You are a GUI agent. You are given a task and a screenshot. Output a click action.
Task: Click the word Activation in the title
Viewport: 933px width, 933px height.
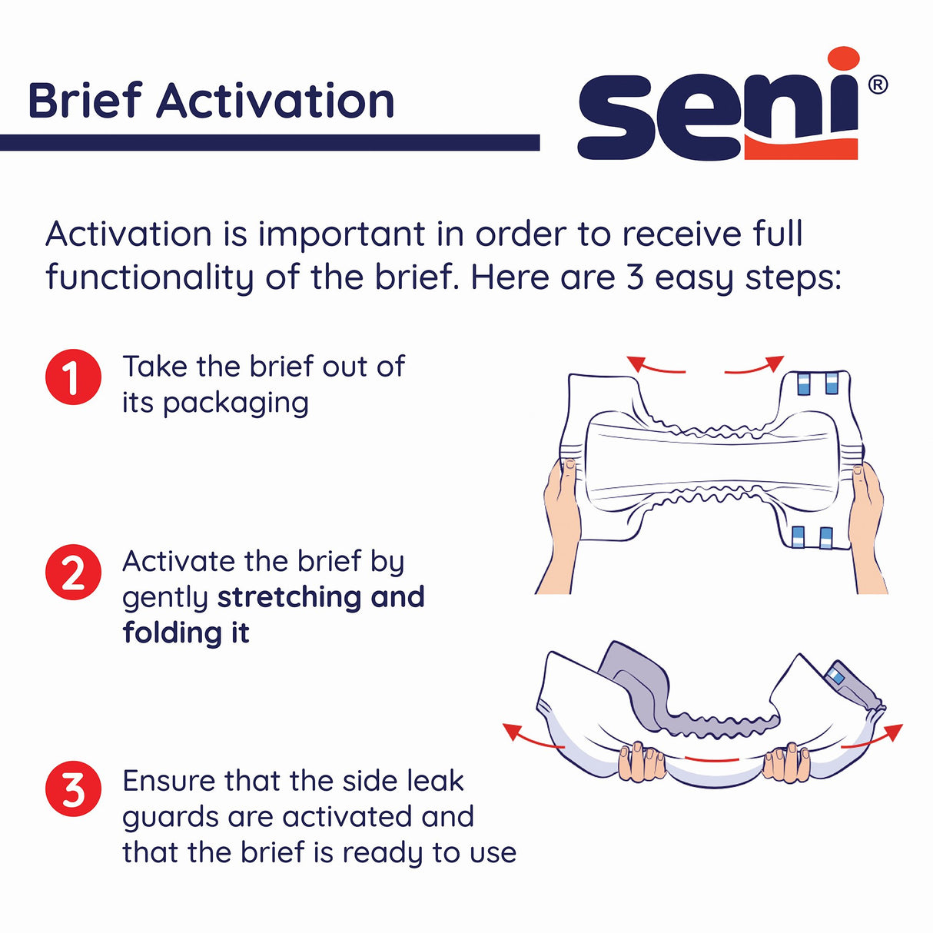point(275,101)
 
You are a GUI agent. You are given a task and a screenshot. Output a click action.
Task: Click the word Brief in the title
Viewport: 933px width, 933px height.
point(85,101)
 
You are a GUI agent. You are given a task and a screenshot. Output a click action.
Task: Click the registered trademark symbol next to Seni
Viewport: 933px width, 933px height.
point(878,85)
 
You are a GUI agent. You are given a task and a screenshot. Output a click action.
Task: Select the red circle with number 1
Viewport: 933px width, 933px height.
point(73,377)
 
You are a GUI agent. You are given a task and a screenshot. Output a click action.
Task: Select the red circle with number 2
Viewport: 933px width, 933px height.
point(73,573)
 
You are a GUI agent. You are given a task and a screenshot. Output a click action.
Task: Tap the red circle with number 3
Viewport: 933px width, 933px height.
point(73,789)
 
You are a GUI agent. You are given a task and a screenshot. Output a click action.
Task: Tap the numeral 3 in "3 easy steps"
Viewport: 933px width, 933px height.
point(635,277)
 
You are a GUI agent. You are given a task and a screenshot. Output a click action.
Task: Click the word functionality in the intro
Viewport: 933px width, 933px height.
point(149,277)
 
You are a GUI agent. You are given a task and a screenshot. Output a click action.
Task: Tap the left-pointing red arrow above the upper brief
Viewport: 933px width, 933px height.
point(653,367)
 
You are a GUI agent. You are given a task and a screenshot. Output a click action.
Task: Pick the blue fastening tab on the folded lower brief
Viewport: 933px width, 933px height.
point(835,676)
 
